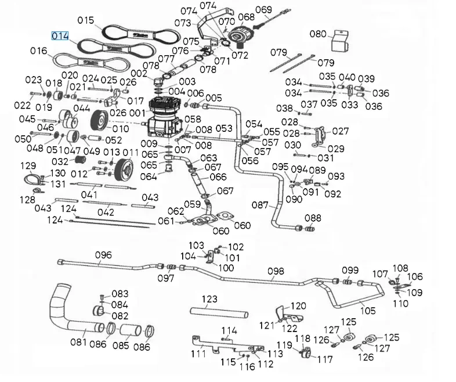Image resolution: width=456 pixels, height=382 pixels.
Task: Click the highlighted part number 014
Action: tap(60, 36)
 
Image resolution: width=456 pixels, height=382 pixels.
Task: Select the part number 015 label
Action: tap(85, 20)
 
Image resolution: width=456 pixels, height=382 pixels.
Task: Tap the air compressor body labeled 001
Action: tap(163, 116)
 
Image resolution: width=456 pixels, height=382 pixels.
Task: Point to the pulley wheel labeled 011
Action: tap(124, 170)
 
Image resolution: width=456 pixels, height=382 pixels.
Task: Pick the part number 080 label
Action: tap(318, 34)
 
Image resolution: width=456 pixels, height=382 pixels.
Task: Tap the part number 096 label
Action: tap(103, 255)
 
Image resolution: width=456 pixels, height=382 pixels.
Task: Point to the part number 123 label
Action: tap(209, 299)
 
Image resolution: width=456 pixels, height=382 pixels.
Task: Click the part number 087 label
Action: tap(260, 204)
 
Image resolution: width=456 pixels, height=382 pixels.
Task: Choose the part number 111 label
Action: tap(198, 354)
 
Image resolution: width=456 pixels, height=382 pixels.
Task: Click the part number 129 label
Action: tap(28, 166)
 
